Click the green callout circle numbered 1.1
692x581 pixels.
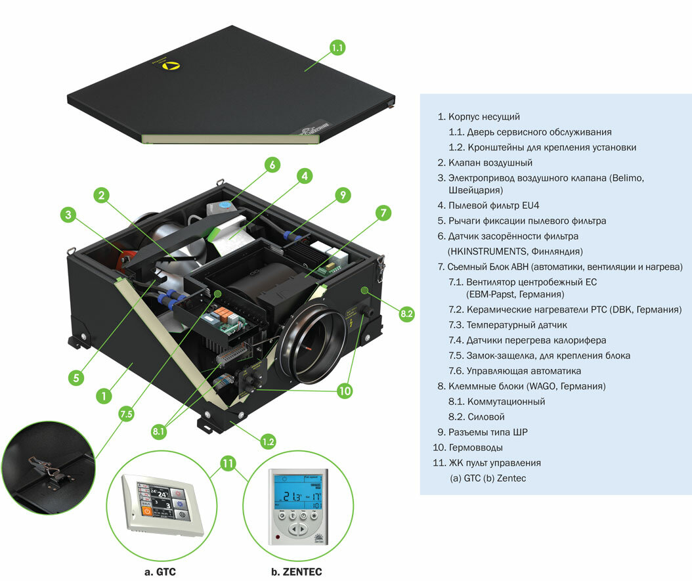[x=337, y=48]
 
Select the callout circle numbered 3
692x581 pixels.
[x=69, y=215]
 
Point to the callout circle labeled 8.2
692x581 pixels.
[x=406, y=313]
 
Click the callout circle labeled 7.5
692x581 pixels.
[x=126, y=414]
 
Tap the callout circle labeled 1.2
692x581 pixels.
[x=267, y=441]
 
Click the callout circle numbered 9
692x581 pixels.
[x=341, y=195]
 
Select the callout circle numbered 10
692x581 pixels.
[x=345, y=390]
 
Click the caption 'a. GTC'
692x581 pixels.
[x=160, y=571]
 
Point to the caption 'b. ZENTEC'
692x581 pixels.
[x=297, y=571]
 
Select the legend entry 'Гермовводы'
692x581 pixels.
[x=475, y=447]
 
